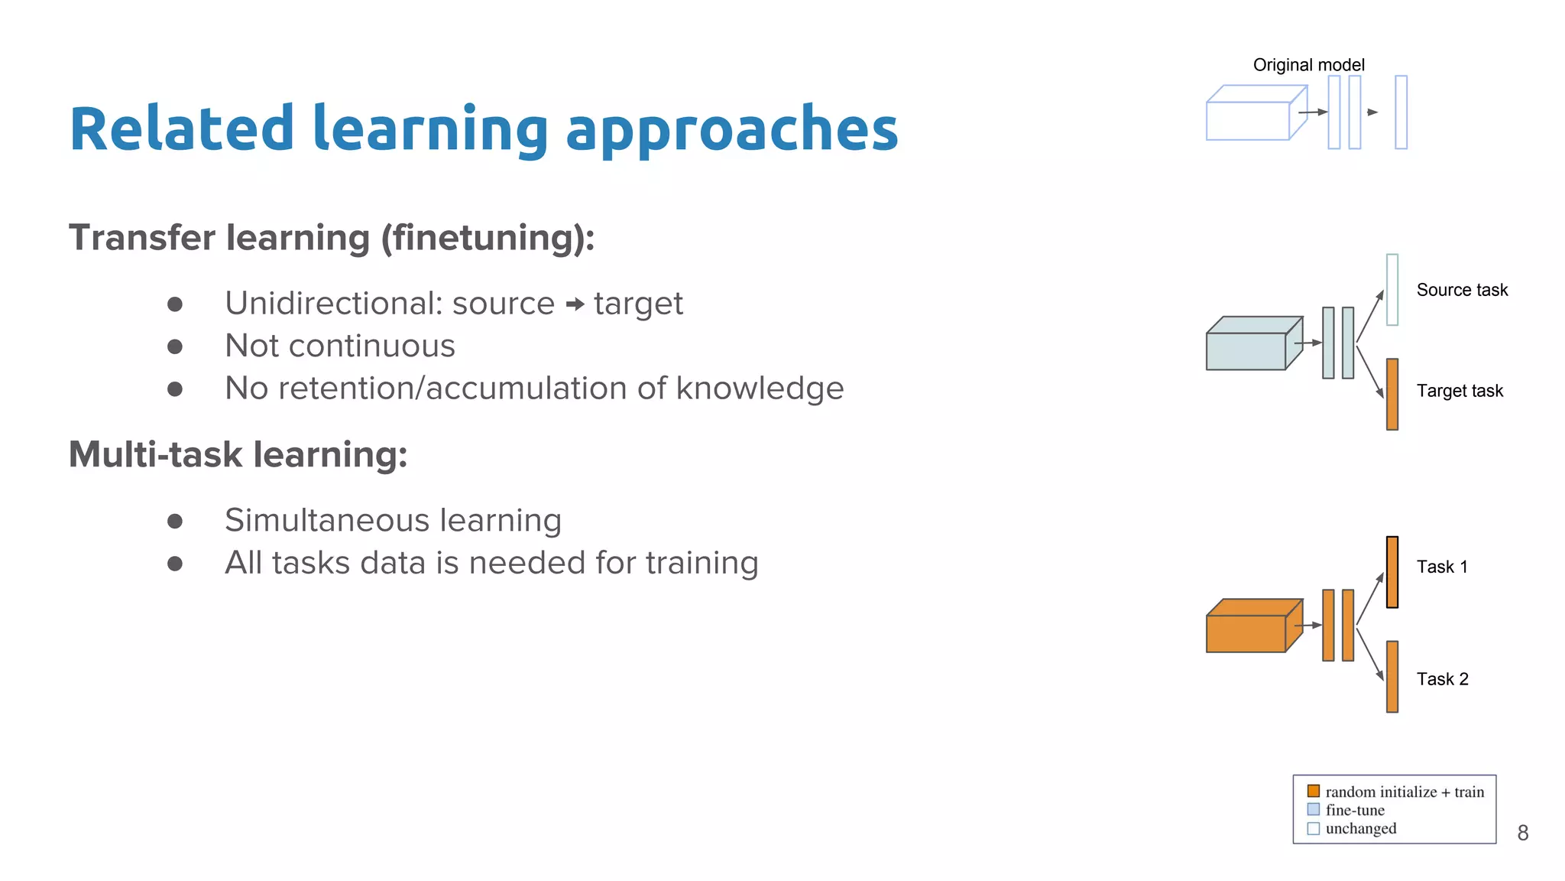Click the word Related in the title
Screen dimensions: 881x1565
[181, 128]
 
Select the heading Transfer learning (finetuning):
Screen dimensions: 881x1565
[332, 238]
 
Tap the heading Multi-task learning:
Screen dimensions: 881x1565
[238, 454]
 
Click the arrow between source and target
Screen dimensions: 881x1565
[575, 305]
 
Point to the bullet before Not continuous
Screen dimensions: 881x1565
[175, 347]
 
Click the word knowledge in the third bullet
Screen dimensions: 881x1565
[760, 388]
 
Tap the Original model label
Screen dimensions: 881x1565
[1308, 65]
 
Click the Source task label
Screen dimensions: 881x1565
[1461, 290]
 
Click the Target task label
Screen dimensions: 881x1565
[1459, 391]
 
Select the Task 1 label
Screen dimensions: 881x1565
[1441, 567]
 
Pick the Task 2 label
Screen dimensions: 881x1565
[1442, 679]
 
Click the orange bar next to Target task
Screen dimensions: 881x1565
[1392, 395]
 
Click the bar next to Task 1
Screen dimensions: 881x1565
[1392, 572]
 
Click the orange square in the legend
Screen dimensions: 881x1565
[1313, 791]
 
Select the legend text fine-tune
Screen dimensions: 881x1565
[1354, 810]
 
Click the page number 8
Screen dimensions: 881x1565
[1522, 833]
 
